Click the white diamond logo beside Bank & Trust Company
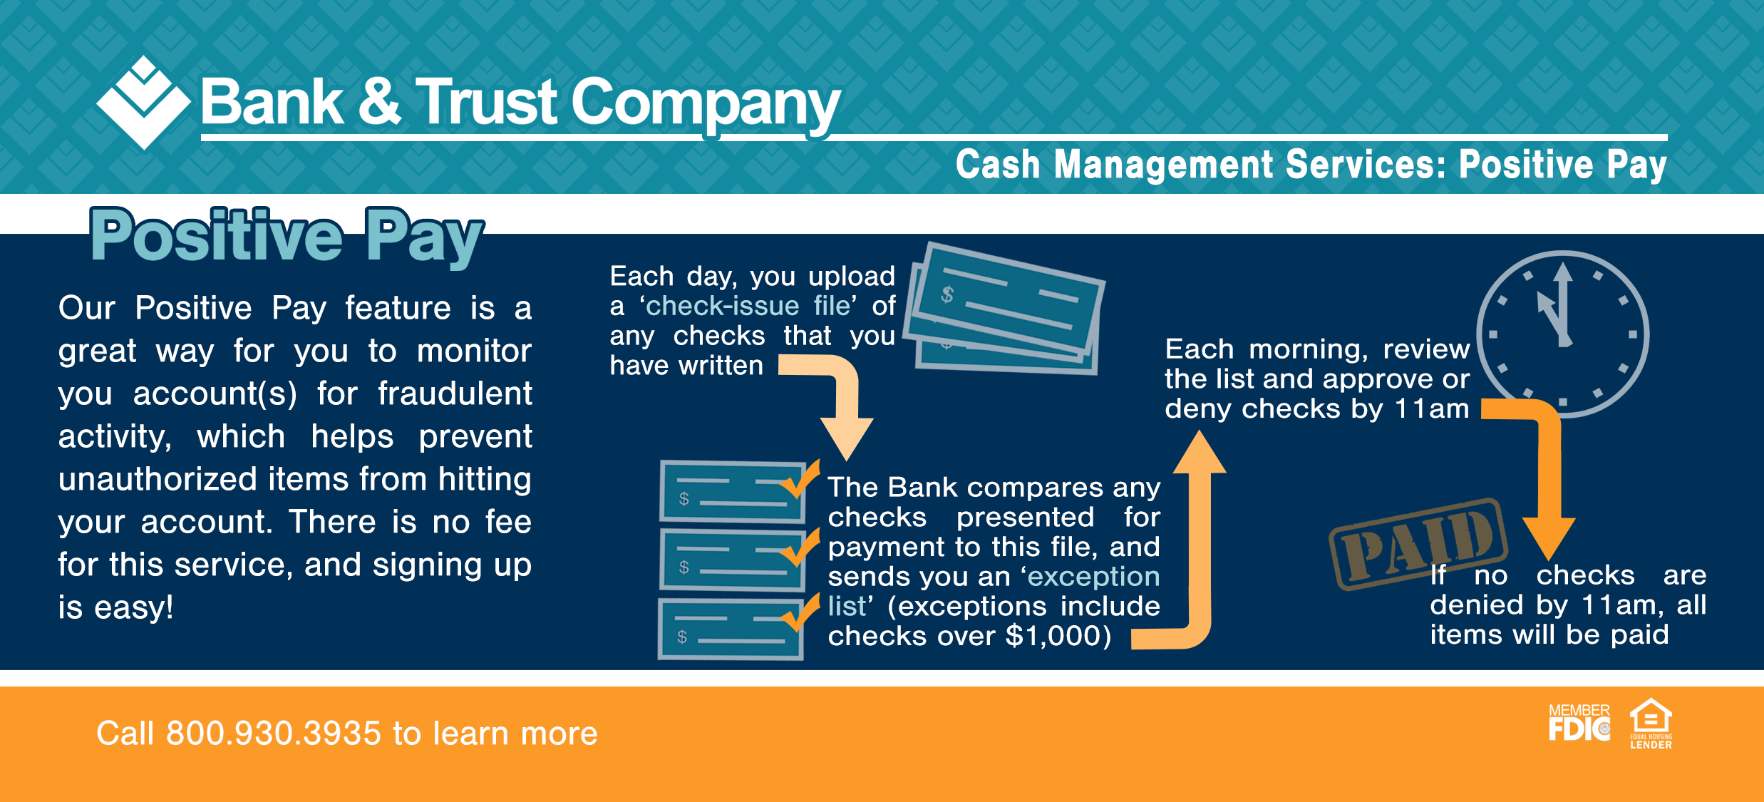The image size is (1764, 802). [143, 103]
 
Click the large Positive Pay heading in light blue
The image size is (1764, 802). [287, 237]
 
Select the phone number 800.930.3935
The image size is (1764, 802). [274, 734]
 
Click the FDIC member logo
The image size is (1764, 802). [1579, 723]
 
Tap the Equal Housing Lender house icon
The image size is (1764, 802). [1651, 723]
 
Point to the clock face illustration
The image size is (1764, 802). [1563, 334]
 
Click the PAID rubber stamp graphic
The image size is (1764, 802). [1418, 544]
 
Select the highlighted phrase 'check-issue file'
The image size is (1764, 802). [748, 306]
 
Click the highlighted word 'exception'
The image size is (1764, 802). [1094, 577]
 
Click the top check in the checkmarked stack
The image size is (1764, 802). [733, 492]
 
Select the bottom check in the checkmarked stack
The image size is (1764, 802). [731, 629]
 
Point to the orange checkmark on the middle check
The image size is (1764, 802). [800, 548]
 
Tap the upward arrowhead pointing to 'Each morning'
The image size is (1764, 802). [1200, 452]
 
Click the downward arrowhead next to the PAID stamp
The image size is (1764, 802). [1549, 539]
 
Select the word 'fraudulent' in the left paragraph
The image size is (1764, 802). [455, 394]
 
